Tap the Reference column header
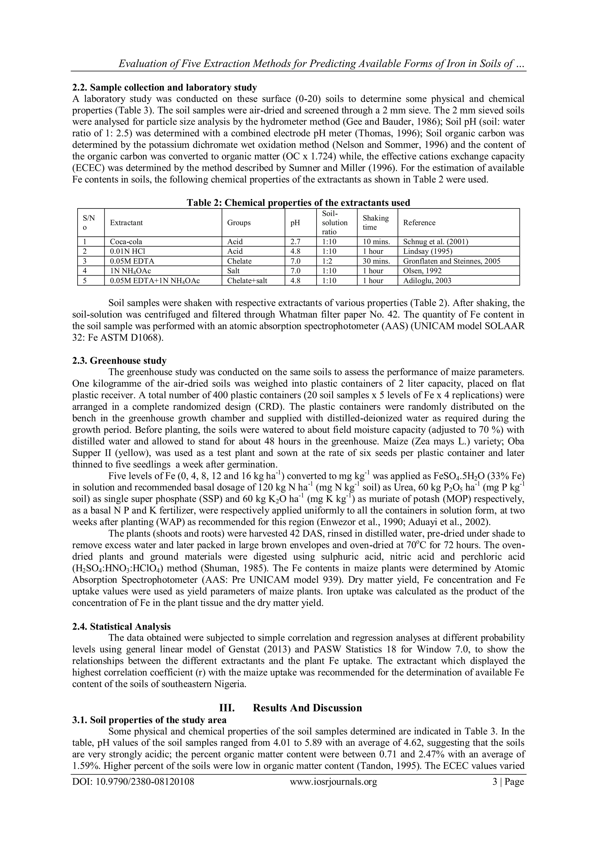[419, 222]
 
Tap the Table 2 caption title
[298, 203]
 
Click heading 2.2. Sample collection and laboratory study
[164, 87]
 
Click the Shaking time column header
[375, 222]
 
